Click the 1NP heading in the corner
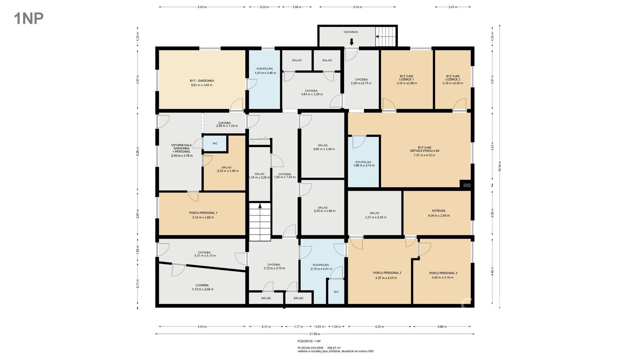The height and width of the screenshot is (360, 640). point(29,18)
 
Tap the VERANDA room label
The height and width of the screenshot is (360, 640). point(351,32)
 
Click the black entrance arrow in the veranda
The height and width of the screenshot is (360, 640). point(351,42)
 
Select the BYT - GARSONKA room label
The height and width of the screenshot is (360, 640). point(202,81)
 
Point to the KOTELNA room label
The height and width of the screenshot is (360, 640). point(439,211)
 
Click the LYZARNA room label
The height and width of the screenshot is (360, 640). point(202,285)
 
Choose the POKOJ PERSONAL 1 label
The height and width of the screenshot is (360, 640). point(203,213)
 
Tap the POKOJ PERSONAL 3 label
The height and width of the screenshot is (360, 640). point(443,273)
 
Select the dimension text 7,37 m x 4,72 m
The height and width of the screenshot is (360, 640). point(424,155)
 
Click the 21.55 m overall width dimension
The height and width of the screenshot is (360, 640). point(315,334)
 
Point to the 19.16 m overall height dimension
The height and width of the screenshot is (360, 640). point(499,166)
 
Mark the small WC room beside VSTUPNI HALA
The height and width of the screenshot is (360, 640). point(215,144)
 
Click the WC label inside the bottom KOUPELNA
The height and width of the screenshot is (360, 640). point(336,292)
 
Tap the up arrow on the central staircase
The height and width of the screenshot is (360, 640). point(260,206)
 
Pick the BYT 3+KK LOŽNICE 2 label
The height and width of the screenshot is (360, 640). point(453,78)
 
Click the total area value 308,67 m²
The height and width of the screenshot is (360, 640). point(334,348)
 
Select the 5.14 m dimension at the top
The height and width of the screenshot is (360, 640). point(357,7)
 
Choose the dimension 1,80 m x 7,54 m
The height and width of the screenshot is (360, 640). point(285,177)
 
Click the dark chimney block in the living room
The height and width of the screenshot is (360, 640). point(466,185)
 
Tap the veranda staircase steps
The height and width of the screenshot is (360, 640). point(386,36)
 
